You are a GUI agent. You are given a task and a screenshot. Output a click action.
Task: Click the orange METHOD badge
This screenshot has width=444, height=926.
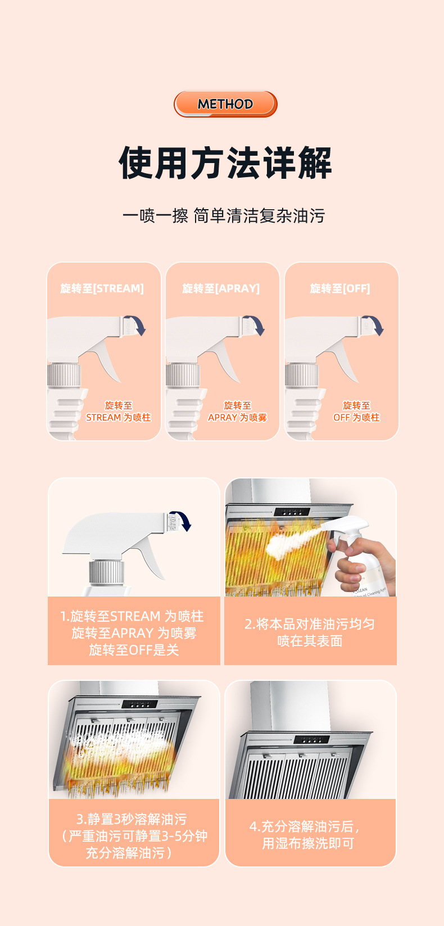click(225, 104)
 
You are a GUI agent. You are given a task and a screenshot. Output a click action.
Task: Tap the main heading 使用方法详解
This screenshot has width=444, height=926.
click(225, 163)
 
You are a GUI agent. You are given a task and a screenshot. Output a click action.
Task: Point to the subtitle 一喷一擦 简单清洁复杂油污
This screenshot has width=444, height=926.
click(224, 215)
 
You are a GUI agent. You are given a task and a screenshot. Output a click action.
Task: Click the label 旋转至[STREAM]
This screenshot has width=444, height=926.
click(102, 288)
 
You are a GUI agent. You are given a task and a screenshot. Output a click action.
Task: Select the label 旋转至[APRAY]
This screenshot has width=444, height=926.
click(221, 288)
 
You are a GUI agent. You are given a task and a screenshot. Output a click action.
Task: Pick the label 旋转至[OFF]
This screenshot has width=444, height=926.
click(340, 288)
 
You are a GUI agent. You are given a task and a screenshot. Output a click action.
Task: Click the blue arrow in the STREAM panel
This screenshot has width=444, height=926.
click(137, 325)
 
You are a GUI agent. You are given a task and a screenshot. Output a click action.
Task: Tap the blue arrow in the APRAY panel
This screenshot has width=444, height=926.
click(256, 325)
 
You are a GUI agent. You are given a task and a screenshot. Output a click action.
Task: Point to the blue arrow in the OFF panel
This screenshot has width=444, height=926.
click(375, 325)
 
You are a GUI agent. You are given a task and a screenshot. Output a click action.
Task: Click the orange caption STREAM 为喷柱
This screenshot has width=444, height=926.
click(118, 417)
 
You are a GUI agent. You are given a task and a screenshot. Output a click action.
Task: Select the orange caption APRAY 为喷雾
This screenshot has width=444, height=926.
click(237, 417)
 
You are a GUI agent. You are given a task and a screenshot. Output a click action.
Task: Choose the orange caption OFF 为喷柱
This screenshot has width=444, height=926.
click(356, 417)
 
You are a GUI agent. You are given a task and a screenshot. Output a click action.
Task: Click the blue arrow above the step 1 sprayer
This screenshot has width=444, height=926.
click(183, 521)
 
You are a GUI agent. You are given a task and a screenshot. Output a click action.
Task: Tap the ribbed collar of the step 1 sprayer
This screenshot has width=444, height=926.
click(106, 572)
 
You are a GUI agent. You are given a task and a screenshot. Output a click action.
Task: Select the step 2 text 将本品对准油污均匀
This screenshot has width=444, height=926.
click(310, 624)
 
